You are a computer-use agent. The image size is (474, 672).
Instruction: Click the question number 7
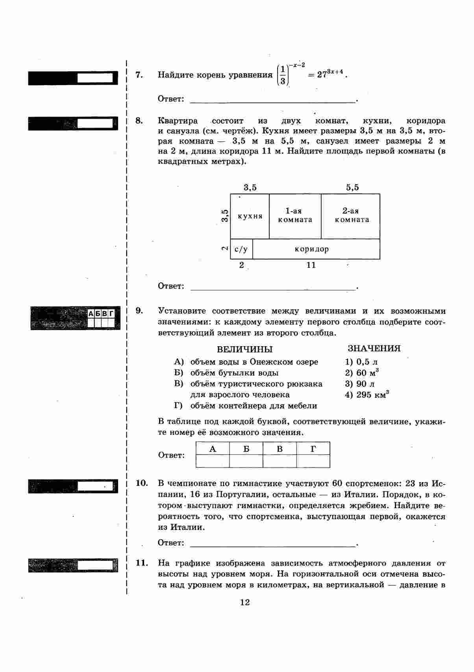[139, 75]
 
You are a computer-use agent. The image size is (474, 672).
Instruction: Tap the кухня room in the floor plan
[250, 216]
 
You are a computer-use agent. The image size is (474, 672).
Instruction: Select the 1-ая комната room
[295, 216]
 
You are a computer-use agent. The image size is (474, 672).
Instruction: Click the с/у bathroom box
[241, 249]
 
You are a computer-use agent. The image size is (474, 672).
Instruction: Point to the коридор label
[311, 249]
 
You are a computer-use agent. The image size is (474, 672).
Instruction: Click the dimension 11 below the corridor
[311, 265]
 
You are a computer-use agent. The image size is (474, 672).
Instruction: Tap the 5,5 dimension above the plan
[352, 187]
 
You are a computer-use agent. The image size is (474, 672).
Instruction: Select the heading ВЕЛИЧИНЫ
[244, 349]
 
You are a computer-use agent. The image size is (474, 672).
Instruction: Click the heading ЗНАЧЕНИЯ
[374, 349]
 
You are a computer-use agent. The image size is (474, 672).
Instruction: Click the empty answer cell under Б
[246, 461]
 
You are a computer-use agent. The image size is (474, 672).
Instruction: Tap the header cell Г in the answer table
[313, 449]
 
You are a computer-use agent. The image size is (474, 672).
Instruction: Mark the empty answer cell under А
[213, 461]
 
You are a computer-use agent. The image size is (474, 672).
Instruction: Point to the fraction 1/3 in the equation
[282, 75]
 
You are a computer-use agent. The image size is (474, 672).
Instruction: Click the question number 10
[141, 483]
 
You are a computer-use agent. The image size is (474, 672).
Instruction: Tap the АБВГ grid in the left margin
[101, 318]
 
